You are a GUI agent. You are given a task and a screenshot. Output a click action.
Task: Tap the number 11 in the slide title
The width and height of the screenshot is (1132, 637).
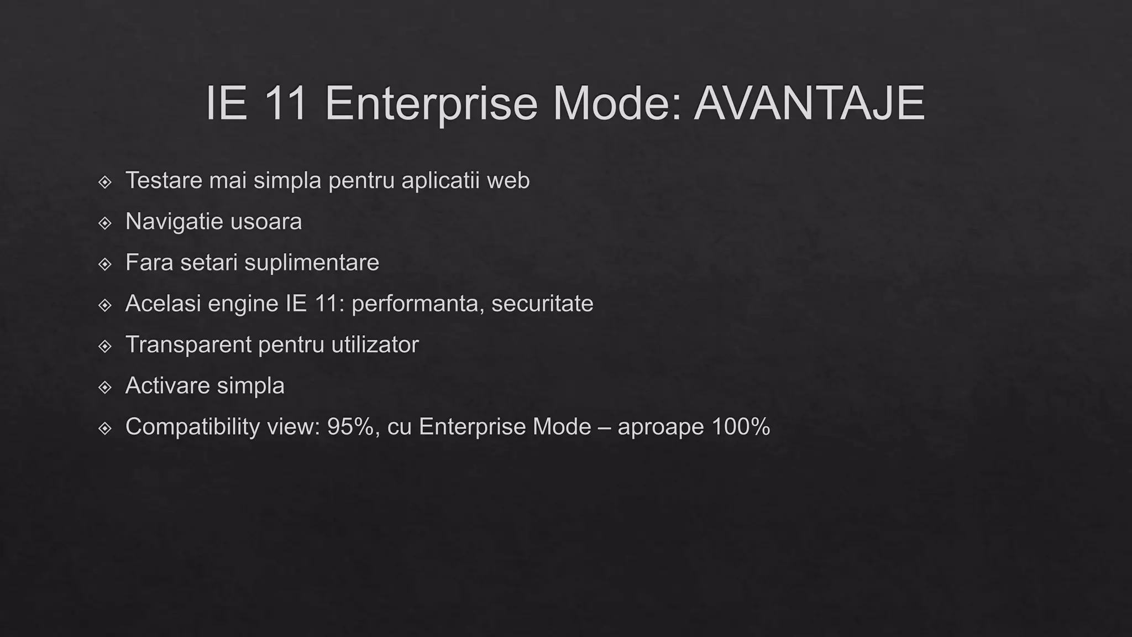[x=286, y=103]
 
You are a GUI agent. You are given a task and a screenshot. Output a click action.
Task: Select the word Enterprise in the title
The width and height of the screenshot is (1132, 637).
[x=431, y=103]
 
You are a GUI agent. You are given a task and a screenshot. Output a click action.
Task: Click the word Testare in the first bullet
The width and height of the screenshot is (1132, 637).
[x=164, y=180]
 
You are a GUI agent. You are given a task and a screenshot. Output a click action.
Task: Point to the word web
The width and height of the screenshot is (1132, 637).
[x=508, y=180]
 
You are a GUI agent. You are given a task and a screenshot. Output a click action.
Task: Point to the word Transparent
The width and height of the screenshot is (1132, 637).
[x=188, y=344]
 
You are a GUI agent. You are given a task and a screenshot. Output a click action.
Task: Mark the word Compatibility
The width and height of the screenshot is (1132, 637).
[x=192, y=427]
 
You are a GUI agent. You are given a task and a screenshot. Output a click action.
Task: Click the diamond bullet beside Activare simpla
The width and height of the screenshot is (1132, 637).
[x=104, y=387]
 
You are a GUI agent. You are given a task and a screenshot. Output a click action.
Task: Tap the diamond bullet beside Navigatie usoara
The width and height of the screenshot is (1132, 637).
[x=104, y=223]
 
